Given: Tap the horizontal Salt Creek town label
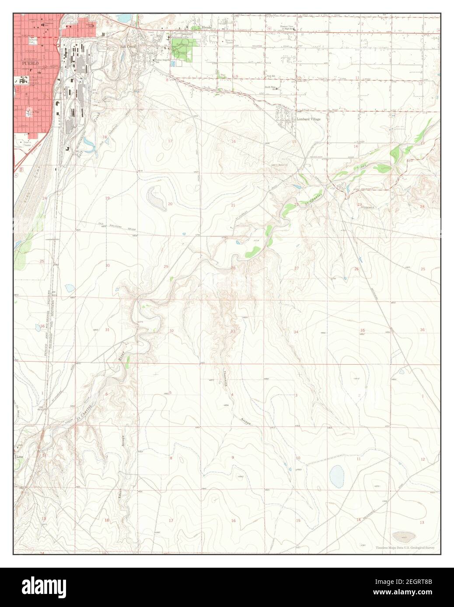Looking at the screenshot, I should coord(129,46).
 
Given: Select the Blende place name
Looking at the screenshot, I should coord(206,27).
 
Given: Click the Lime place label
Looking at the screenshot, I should coord(20,457).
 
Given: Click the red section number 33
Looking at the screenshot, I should coord(233,331).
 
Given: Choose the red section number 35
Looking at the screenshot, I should coord(362,330).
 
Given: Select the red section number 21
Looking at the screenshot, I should coord(233,205).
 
